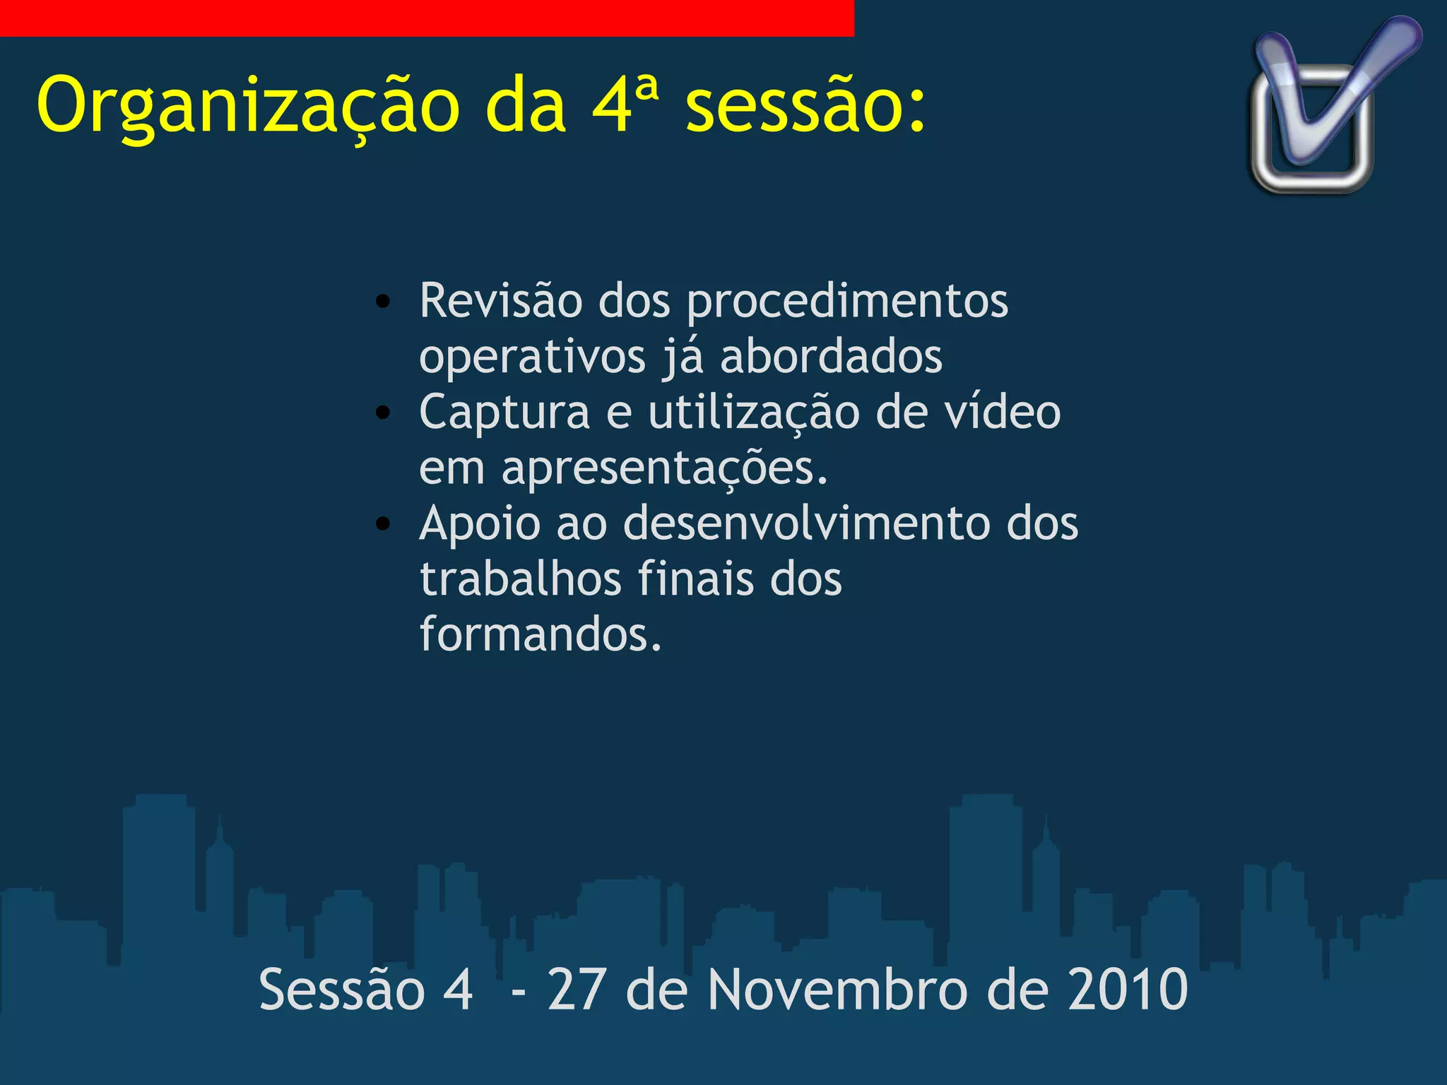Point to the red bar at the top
pyautogui.click(x=427, y=18)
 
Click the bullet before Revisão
pyautogui.click(x=383, y=302)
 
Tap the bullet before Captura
pyautogui.click(x=383, y=413)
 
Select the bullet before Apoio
pyautogui.click(x=383, y=524)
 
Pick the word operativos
pyautogui.click(x=532, y=357)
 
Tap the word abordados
pyautogui.click(x=831, y=357)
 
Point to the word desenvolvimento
pyautogui.click(x=806, y=523)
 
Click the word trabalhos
pyautogui.click(x=521, y=579)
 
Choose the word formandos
pyautogui.click(x=541, y=634)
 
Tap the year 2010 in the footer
pyautogui.click(x=1128, y=990)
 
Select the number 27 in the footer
pyautogui.click(x=577, y=990)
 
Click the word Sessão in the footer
pyautogui.click(x=342, y=990)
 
